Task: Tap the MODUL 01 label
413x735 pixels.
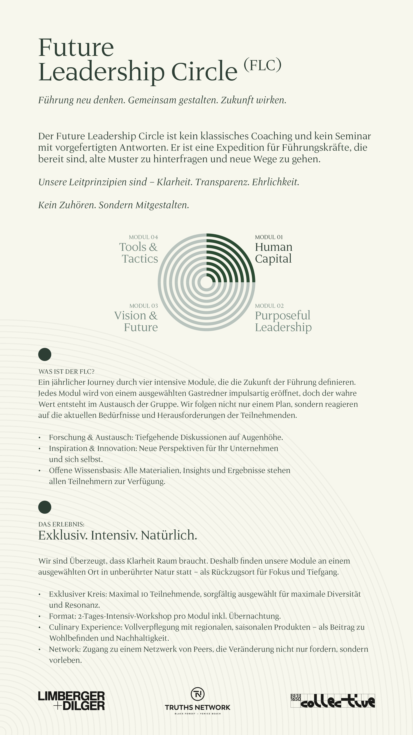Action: (x=269, y=237)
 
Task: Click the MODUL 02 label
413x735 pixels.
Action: (x=269, y=306)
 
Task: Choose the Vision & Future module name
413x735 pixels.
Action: (x=136, y=321)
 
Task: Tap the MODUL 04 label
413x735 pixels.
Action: (x=143, y=237)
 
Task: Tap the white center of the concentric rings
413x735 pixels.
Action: (x=206, y=282)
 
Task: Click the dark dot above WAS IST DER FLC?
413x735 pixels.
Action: (x=45, y=354)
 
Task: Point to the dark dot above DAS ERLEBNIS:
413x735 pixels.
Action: (x=45, y=507)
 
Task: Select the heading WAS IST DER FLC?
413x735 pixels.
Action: (x=66, y=372)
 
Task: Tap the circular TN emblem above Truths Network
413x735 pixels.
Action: (x=198, y=694)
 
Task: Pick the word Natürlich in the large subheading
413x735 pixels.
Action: (x=169, y=535)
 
